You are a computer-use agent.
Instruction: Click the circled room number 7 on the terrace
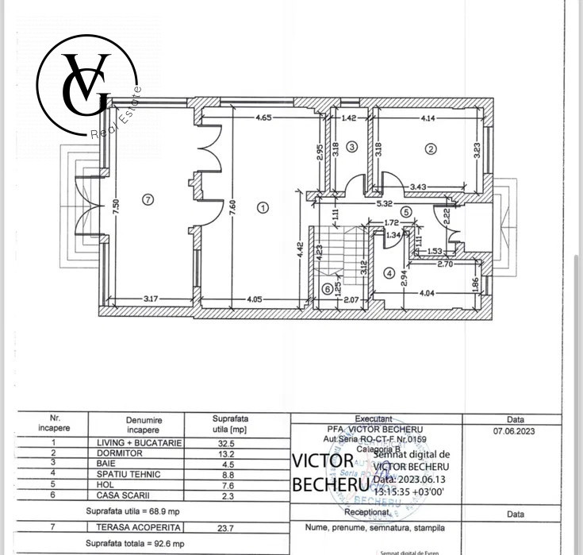click(148, 199)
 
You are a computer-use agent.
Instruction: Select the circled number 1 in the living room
click(263, 207)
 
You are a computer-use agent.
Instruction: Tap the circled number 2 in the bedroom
click(431, 148)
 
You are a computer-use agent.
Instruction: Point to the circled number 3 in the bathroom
click(351, 147)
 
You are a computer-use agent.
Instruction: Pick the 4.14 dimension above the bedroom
click(429, 118)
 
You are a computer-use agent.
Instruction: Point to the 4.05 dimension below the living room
click(254, 299)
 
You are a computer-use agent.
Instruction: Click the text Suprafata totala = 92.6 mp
click(136, 544)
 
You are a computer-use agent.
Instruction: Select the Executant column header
click(374, 418)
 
